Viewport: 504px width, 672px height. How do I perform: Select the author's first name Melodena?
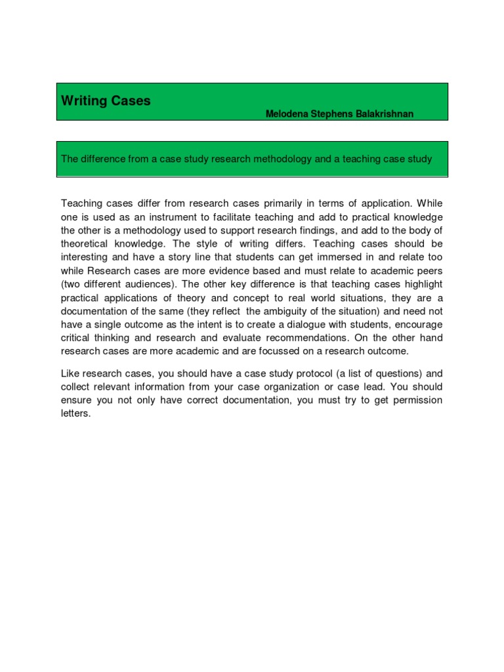tap(286, 114)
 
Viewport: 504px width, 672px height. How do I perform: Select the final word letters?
tap(75, 414)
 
